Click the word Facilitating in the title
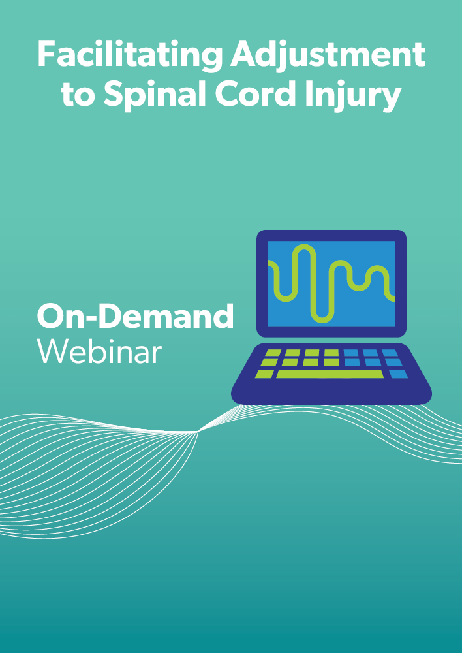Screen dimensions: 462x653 (x=129, y=56)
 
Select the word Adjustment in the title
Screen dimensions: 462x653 (x=328, y=56)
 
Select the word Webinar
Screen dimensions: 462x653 (x=99, y=352)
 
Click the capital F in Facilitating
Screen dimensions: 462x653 (x=46, y=54)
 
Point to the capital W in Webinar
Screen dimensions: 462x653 (x=54, y=352)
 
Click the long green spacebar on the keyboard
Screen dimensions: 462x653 (x=330, y=374)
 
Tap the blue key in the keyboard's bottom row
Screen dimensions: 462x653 (x=399, y=374)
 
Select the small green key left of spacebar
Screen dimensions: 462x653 (x=265, y=374)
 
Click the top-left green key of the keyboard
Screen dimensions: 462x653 (x=273, y=353)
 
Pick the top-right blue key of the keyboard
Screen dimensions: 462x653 (x=390, y=353)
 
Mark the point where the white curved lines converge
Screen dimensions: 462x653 (x=198, y=432)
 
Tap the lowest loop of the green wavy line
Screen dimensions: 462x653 (x=322, y=317)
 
